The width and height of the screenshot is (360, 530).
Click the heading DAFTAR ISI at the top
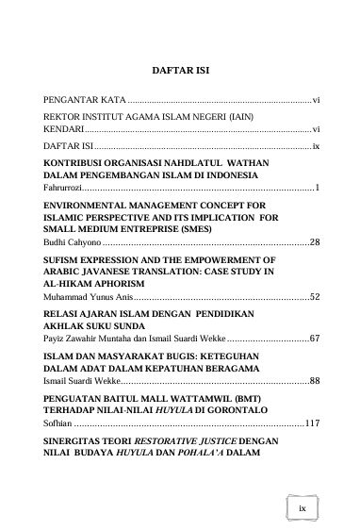(180, 70)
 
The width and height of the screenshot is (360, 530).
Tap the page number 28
(315, 242)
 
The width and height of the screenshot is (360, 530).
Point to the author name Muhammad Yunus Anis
(90, 296)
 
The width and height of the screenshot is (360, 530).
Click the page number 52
(315, 296)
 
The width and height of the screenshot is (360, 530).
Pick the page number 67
(315, 337)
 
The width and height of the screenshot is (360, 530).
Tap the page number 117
(312, 423)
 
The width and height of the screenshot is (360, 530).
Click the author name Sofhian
(58, 423)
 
